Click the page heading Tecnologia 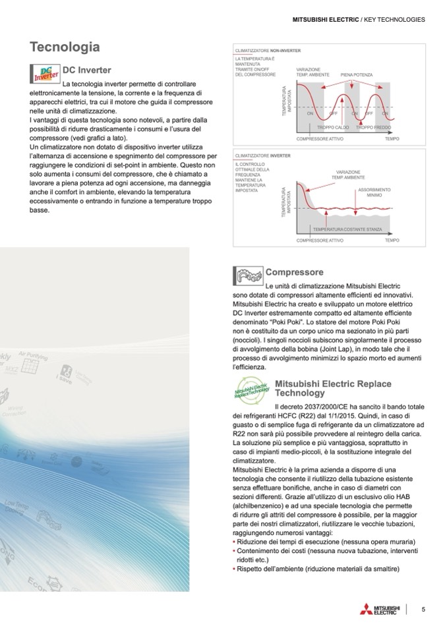pos(65,47)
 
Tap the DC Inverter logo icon pos(45,74)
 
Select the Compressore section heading pos(294,272)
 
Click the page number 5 pos(423,610)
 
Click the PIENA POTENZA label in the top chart pos(356,75)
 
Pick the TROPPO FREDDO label pos(373,127)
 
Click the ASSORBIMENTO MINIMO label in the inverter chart pos(374,192)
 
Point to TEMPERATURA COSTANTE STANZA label pos(347,229)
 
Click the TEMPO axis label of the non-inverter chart pos(392,138)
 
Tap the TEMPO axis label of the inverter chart pos(392,241)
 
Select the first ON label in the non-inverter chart pos(310,113)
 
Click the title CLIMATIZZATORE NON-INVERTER pos(268,50)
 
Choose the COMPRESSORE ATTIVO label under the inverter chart pos(320,241)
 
